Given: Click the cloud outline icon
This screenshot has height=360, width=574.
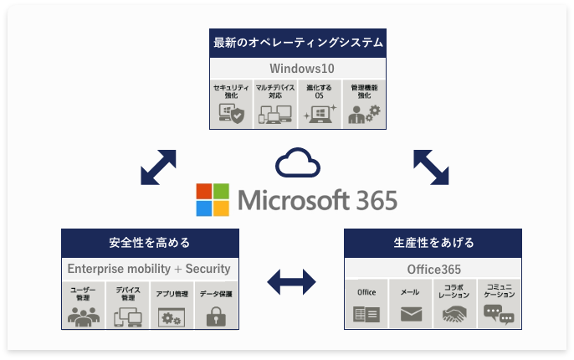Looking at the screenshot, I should tap(298, 163).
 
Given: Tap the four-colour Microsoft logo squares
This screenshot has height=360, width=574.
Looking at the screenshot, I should tap(213, 199).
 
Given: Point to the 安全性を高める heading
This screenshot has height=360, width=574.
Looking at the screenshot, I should tap(150, 244).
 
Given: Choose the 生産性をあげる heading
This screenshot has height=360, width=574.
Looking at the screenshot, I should tap(433, 244).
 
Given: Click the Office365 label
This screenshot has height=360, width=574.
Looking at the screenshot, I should tap(433, 270).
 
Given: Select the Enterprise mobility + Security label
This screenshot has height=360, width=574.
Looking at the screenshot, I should tap(150, 270).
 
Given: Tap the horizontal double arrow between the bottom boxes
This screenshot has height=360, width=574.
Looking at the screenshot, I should tap(291, 283).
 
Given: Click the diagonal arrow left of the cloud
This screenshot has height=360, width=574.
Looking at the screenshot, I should tap(159, 166).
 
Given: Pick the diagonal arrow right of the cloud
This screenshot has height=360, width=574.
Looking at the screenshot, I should tap(431, 166).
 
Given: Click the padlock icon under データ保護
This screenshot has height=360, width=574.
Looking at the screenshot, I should tap(217, 316).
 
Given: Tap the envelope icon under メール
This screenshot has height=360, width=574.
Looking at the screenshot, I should tap(411, 315).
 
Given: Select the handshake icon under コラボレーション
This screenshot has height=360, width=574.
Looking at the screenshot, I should tap(455, 315).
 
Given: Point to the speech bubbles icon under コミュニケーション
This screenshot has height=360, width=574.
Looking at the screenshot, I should tap(499, 315).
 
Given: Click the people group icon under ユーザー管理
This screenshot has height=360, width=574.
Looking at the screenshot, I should tap(84, 316).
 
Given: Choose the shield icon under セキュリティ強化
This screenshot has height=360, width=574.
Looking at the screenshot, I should tap(238, 116).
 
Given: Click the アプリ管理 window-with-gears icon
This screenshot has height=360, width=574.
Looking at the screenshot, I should tap(172, 316).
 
